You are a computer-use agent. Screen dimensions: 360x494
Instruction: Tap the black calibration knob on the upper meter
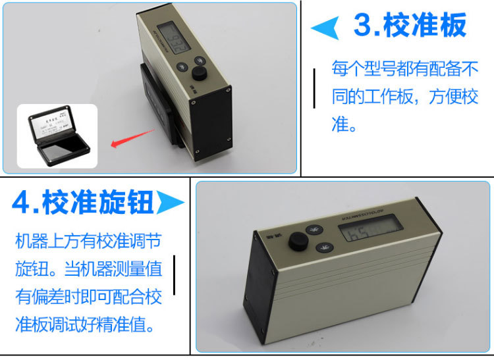pos(200,74)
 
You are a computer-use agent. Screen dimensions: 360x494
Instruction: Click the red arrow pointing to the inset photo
pos(132,139)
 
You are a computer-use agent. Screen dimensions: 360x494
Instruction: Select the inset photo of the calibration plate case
pos(57,136)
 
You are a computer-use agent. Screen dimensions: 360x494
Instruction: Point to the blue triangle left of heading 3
pos(325,27)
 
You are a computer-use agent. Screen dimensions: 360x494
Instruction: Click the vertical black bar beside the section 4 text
pos(174,276)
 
